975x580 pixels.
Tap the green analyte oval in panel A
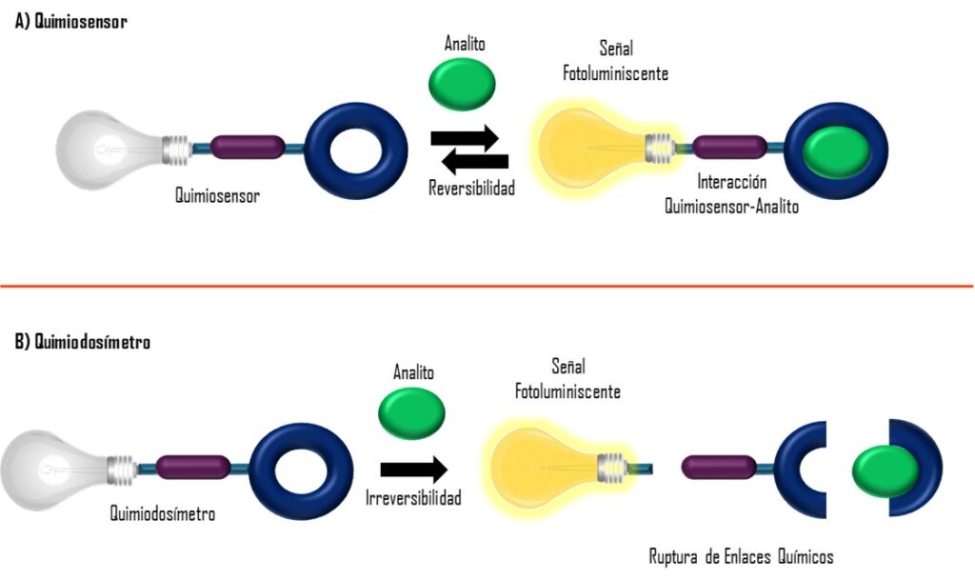[x=463, y=84]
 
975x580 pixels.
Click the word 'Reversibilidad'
[x=471, y=189]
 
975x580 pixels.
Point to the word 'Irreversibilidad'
[x=413, y=497]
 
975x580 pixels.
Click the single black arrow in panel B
[x=412, y=469]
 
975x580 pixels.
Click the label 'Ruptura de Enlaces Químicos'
[x=742, y=555]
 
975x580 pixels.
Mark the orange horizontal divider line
[x=487, y=285]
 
